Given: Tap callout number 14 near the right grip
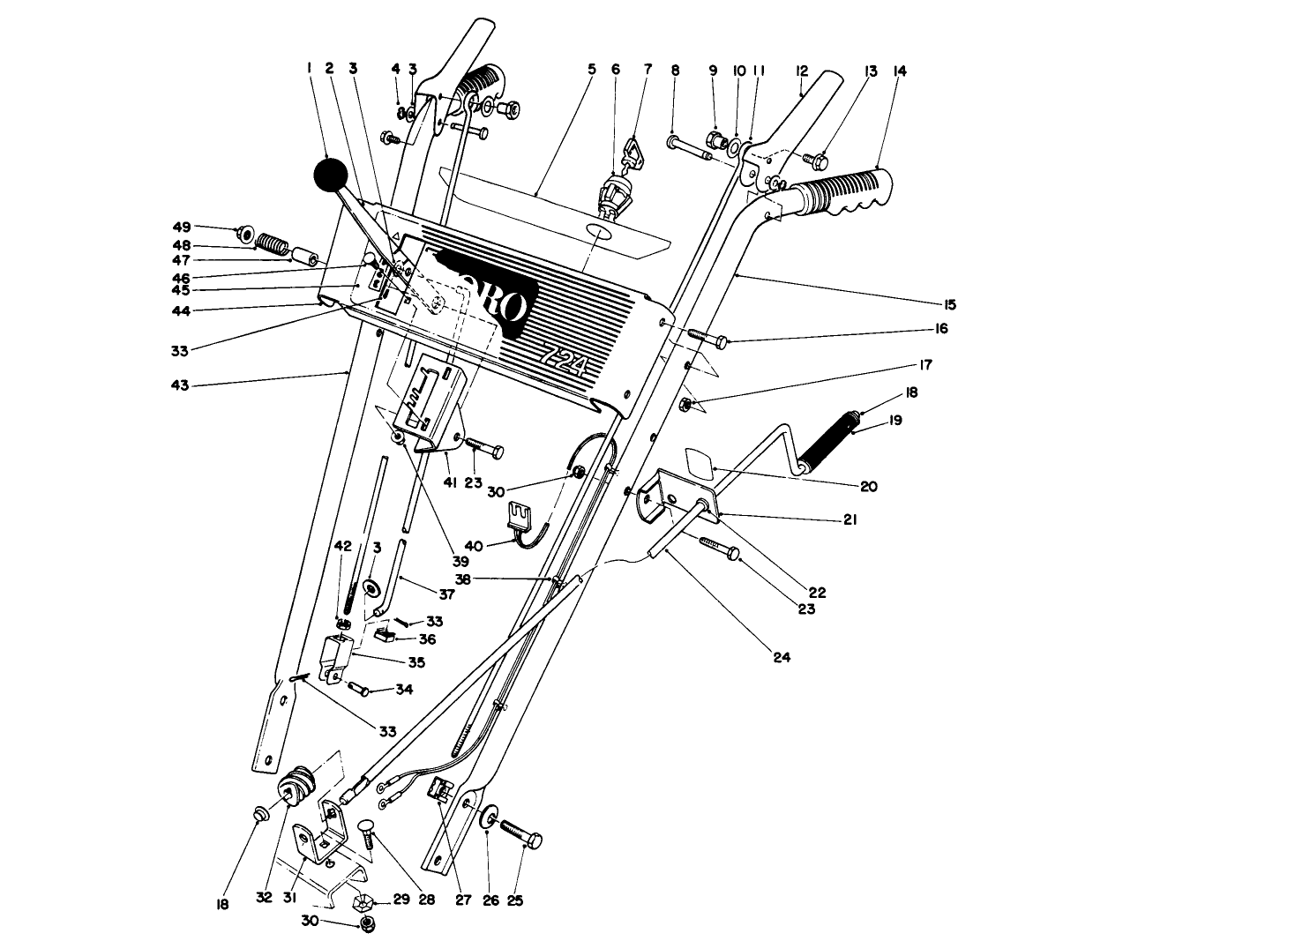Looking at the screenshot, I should coord(900,71).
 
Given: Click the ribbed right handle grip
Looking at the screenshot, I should coord(842,192).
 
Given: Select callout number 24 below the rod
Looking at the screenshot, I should coord(781,657).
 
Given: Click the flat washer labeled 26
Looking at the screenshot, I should coord(487,817).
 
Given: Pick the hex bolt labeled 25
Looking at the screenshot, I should coord(520,834).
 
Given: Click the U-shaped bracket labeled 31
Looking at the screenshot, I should coord(314,842).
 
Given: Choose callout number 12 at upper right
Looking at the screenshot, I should coord(801,71).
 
